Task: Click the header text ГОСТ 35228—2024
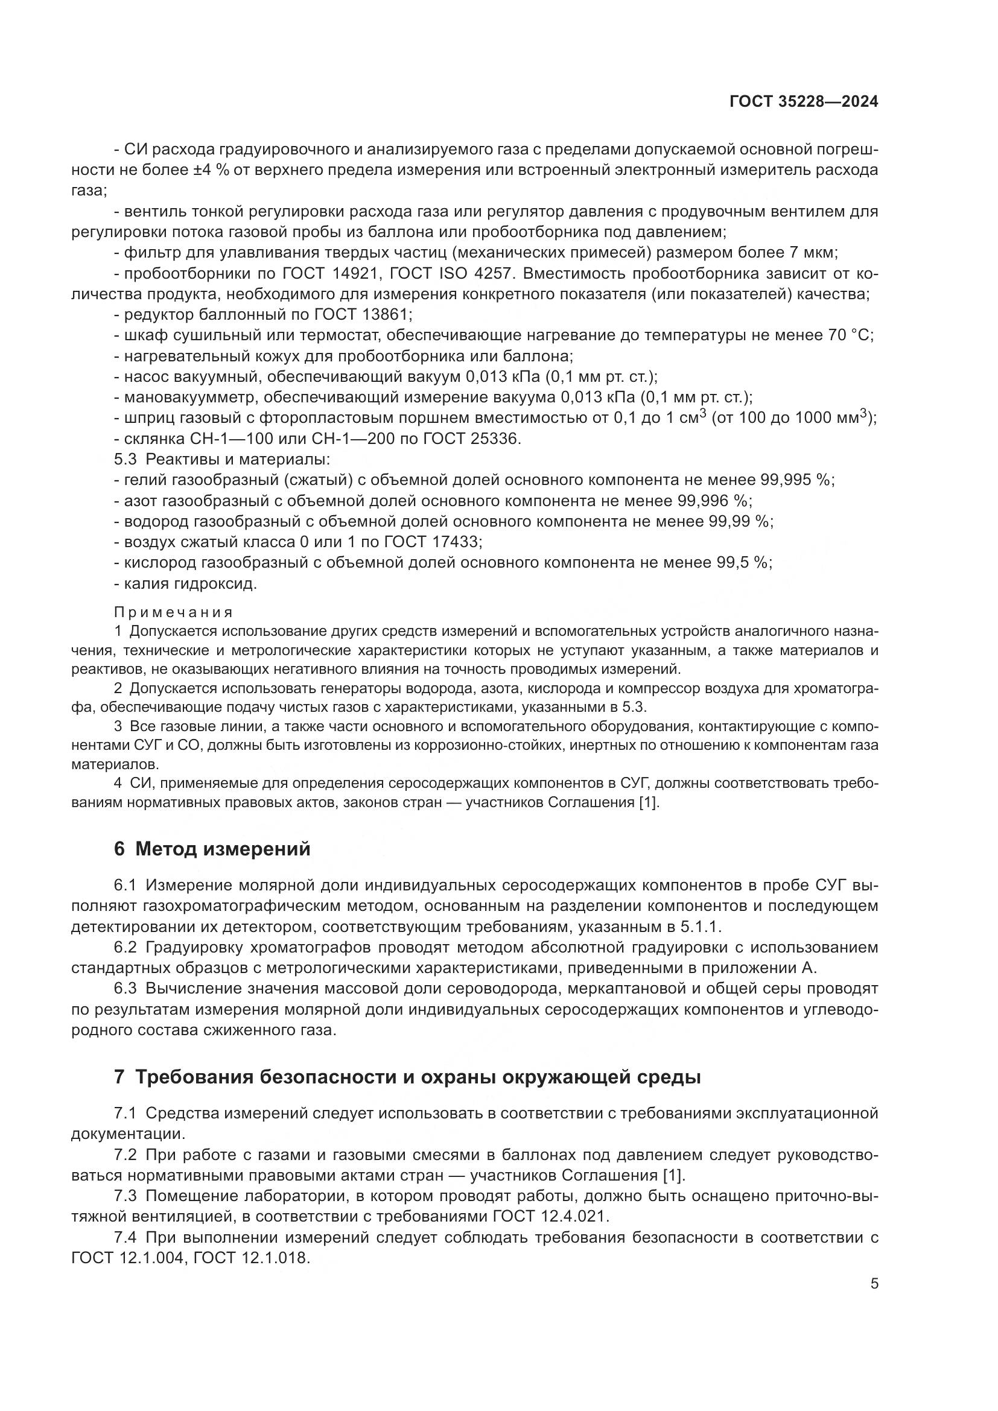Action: [x=803, y=102]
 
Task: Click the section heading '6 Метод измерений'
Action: [x=212, y=849]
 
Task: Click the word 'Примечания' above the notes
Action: [x=173, y=612]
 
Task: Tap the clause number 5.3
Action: [x=126, y=460]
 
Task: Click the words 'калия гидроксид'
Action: [x=190, y=583]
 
